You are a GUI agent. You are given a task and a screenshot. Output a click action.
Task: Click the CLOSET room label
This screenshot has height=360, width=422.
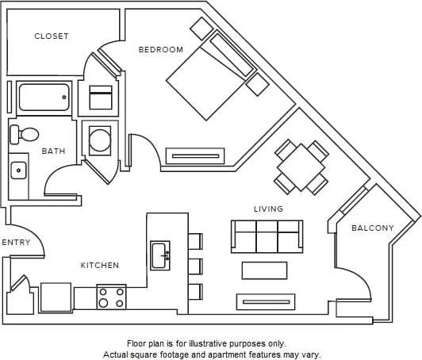pos(52,36)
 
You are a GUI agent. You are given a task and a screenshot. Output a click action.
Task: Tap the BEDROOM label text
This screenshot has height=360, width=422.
pos(161,50)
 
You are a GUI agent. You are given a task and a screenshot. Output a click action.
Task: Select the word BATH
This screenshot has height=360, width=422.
pos(54,151)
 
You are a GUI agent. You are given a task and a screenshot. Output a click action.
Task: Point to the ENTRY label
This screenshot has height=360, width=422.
pos(17,243)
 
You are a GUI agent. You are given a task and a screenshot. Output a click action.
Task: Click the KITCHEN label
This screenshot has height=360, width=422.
pos(100,266)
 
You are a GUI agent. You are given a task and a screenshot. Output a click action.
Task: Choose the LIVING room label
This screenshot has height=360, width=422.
pos(268,209)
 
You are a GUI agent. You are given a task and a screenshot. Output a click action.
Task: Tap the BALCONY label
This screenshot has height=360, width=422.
pos(373,228)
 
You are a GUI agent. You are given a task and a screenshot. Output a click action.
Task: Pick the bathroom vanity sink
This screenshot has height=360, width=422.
pos(18,170)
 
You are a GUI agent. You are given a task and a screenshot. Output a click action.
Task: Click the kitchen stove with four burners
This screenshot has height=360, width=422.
pos(111,297)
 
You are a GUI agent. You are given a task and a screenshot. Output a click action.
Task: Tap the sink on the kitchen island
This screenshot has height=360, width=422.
pos(159,255)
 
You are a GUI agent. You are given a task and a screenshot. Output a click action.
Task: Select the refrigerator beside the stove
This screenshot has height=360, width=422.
pos(56,297)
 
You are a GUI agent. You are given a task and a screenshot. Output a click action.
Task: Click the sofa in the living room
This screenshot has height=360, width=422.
pos(267,236)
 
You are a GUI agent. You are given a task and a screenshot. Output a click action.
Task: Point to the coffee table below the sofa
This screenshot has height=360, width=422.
pos(264,270)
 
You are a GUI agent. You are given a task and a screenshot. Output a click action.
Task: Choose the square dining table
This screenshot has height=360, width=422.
pos(301,167)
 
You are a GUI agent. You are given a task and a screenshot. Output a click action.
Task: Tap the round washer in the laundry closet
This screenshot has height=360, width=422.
pos(100,140)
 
